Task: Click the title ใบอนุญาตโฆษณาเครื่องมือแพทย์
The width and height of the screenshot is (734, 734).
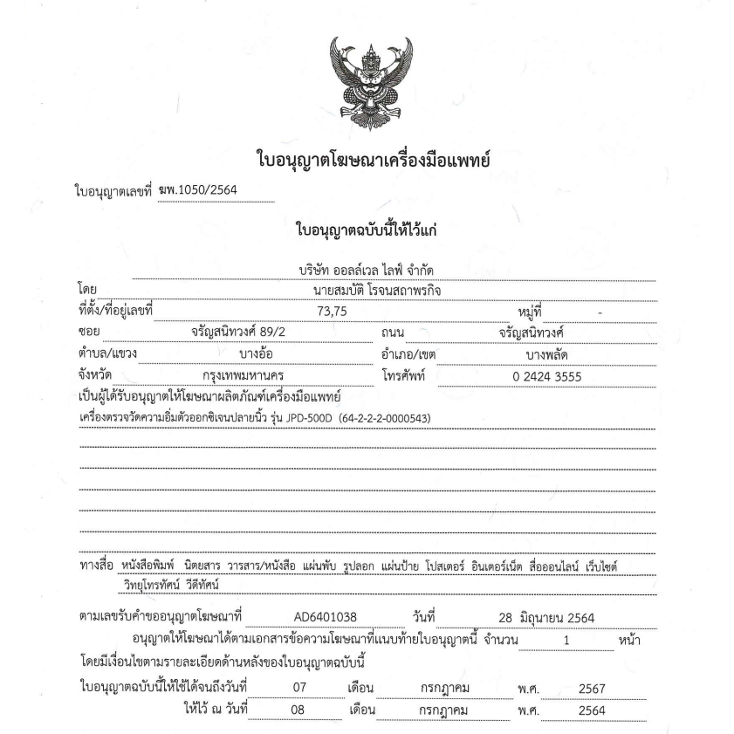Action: click(367, 160)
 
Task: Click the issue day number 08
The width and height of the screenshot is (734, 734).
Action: click(299, 710)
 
